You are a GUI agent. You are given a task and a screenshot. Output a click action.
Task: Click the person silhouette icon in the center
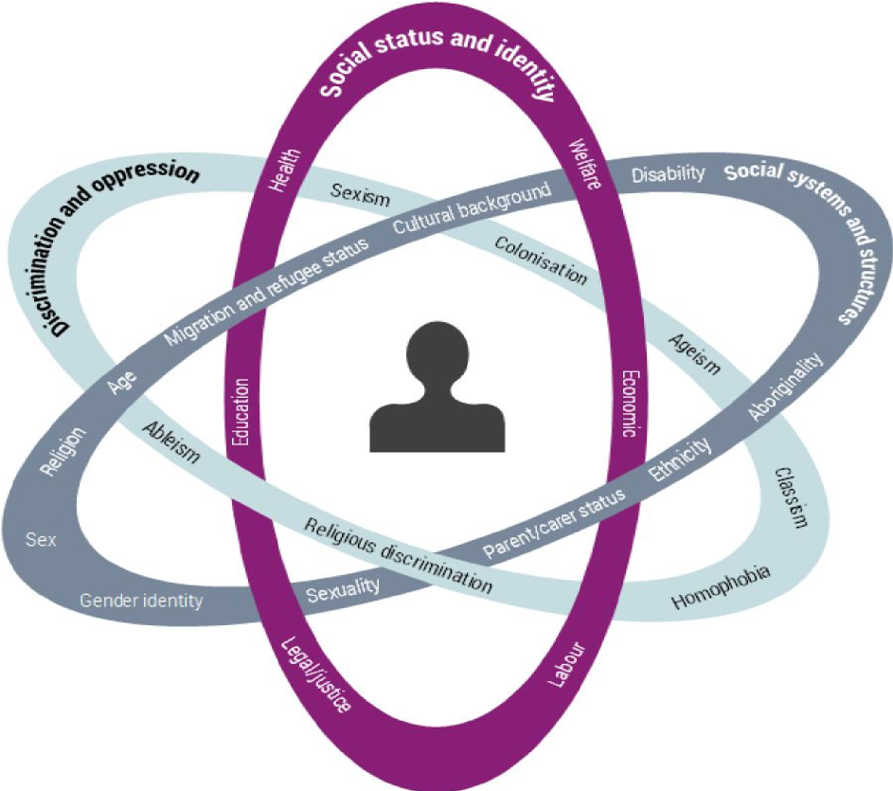437,387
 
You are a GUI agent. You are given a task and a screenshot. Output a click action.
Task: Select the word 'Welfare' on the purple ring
583,164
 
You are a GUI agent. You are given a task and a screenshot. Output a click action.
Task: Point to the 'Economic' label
627,398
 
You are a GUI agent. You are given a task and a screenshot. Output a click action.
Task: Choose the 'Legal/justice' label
318,675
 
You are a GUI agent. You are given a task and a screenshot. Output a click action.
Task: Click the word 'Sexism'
360,196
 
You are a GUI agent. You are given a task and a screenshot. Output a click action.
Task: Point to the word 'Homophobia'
720,588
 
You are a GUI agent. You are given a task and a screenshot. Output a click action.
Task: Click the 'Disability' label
669,173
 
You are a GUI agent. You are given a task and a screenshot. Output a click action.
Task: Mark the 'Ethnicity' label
679,458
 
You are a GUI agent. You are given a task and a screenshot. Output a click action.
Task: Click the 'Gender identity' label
141,600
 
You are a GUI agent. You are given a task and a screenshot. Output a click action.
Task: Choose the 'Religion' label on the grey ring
63,451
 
